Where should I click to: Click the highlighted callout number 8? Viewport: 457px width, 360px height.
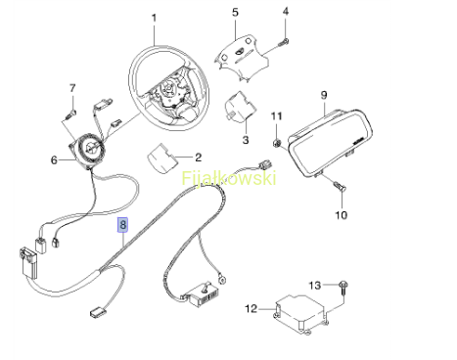122,225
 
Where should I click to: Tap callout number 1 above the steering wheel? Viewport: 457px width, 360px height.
154,18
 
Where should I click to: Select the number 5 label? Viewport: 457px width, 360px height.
235,13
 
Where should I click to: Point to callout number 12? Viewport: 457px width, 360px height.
251,308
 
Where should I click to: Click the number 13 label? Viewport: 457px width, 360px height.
315,286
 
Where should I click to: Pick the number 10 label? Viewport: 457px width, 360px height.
342,215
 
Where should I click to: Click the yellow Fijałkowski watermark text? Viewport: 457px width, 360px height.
229,178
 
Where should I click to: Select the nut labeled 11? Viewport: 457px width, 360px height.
277,143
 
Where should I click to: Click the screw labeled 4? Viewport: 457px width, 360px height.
284,42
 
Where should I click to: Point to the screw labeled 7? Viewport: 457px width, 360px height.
71,113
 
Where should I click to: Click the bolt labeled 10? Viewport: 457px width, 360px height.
340,186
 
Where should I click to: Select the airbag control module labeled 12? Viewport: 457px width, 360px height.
299,314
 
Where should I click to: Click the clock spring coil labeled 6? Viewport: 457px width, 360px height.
88,150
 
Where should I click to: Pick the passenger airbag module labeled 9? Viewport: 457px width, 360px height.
331,143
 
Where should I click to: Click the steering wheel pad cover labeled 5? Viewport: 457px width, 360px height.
242,58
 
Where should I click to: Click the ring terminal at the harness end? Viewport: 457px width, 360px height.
223,279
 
